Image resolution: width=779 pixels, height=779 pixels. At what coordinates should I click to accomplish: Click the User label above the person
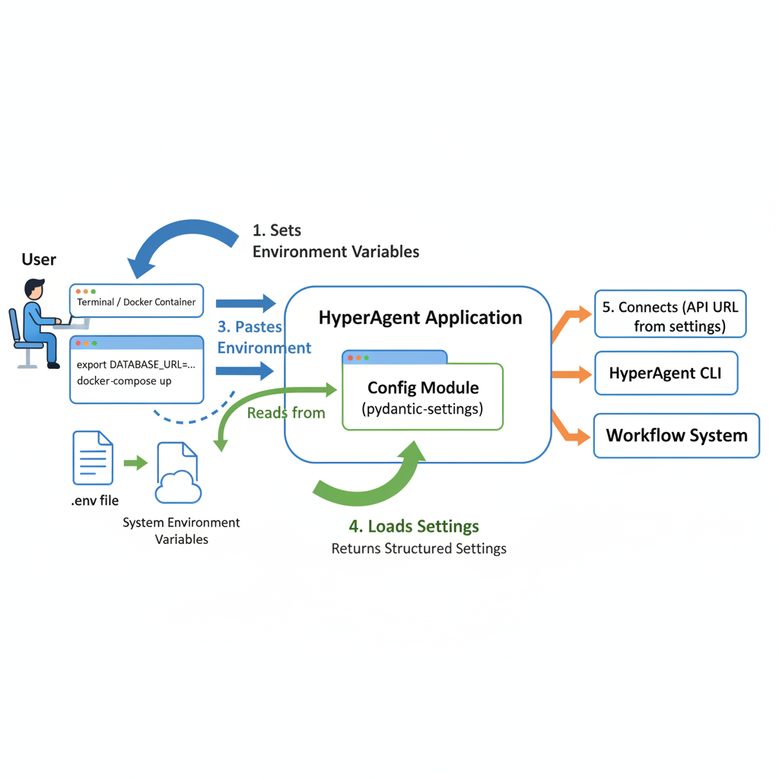(39, 259)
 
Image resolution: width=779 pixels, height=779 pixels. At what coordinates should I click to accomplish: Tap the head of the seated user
(34, 289)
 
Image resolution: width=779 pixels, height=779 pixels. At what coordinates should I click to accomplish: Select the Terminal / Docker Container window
(137, 302)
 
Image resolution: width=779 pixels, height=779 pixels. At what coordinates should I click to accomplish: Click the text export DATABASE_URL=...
(135, 364)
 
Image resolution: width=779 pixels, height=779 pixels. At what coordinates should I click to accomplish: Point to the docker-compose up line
(124, 380)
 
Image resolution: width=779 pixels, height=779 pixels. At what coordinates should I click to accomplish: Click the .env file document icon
(93, 458)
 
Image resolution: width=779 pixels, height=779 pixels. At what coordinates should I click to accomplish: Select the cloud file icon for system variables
(177, 473)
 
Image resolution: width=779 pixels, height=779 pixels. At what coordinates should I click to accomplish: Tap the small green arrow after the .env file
(135, 462)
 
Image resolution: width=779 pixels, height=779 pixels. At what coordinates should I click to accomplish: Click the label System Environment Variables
(181, 531)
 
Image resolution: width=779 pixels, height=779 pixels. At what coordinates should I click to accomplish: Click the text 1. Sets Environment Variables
(335, 240)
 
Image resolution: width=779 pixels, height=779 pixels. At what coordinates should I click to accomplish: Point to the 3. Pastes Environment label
(264, 337)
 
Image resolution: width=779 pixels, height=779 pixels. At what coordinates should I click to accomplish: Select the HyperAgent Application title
(420, 317)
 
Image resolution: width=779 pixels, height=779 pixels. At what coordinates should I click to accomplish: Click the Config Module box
(423, 396)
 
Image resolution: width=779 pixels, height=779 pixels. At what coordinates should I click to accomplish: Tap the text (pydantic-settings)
(423, 409)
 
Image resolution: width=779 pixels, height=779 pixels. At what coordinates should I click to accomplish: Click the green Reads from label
(286, 413)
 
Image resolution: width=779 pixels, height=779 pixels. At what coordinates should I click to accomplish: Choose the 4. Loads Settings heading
(414, 526)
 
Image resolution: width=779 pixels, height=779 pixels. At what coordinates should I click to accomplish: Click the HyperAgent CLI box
(666, 374)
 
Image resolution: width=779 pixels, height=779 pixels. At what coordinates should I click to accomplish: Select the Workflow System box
(676, 436)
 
